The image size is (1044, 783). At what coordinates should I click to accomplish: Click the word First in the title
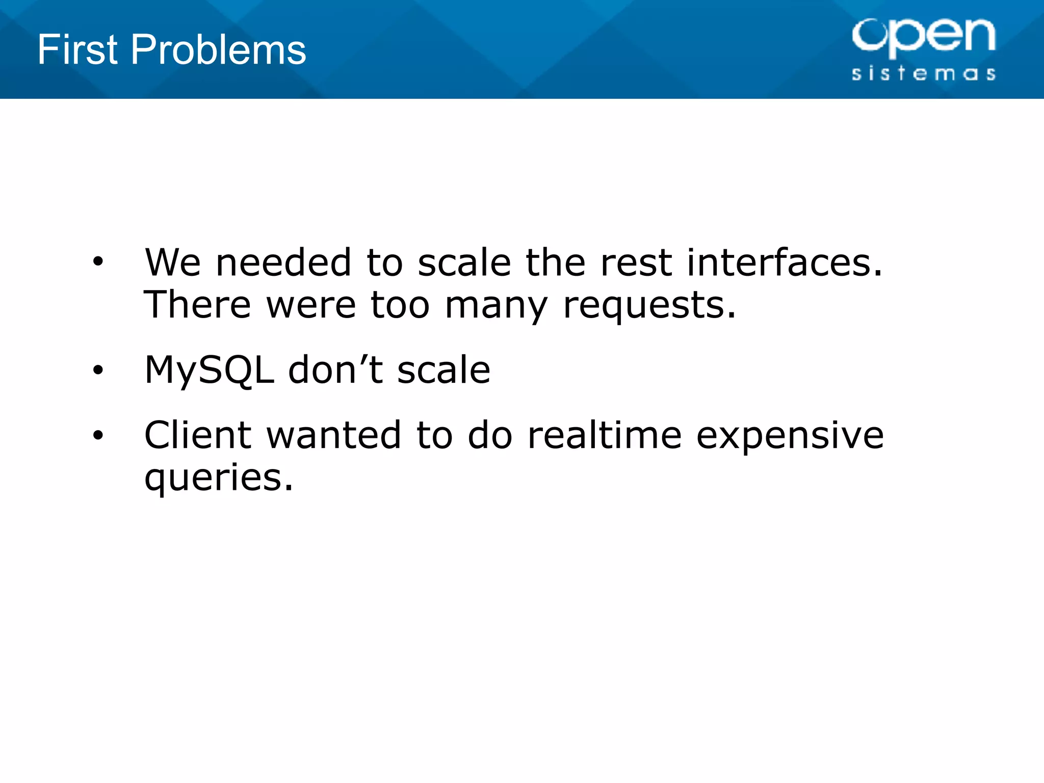coord(77,49)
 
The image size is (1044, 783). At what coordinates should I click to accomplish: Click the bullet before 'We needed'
coord(98,262)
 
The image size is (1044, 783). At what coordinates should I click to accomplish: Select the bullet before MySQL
coord(98,370)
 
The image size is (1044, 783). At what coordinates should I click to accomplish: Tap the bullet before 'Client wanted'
coord(98,435)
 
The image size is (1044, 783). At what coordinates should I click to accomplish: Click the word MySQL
coord(209,370)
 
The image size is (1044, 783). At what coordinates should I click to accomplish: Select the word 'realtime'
coord(604,435)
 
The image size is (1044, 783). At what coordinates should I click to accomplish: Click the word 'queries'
coord(219,478)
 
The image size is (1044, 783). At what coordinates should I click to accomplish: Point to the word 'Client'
coord(198,435)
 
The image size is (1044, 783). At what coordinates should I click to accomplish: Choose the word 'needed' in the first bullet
coord(283,262)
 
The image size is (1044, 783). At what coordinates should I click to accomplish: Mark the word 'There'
coord(197,304)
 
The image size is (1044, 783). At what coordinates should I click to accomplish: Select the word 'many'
coord(496,305)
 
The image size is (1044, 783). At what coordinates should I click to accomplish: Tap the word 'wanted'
coord(333,435)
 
